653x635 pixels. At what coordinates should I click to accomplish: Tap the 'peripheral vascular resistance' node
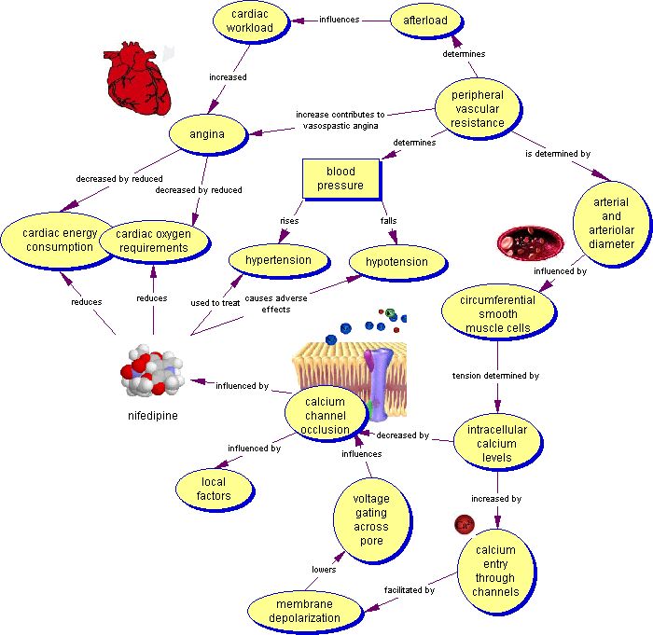[x=477, y=109]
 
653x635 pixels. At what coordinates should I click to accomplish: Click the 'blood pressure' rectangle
[x=340, y=178]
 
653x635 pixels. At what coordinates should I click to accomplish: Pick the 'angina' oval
[x=206, y=134]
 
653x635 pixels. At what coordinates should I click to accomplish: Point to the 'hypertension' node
[x=277, y=260]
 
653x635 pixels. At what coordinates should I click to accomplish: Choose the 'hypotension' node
[x=396, y=262]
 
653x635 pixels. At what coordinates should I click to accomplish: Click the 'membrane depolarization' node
[x=306, y=611]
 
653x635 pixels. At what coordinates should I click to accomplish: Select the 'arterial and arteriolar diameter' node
[x=611, y=223]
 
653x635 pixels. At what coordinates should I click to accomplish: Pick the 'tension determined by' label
[x=496, y=376]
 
